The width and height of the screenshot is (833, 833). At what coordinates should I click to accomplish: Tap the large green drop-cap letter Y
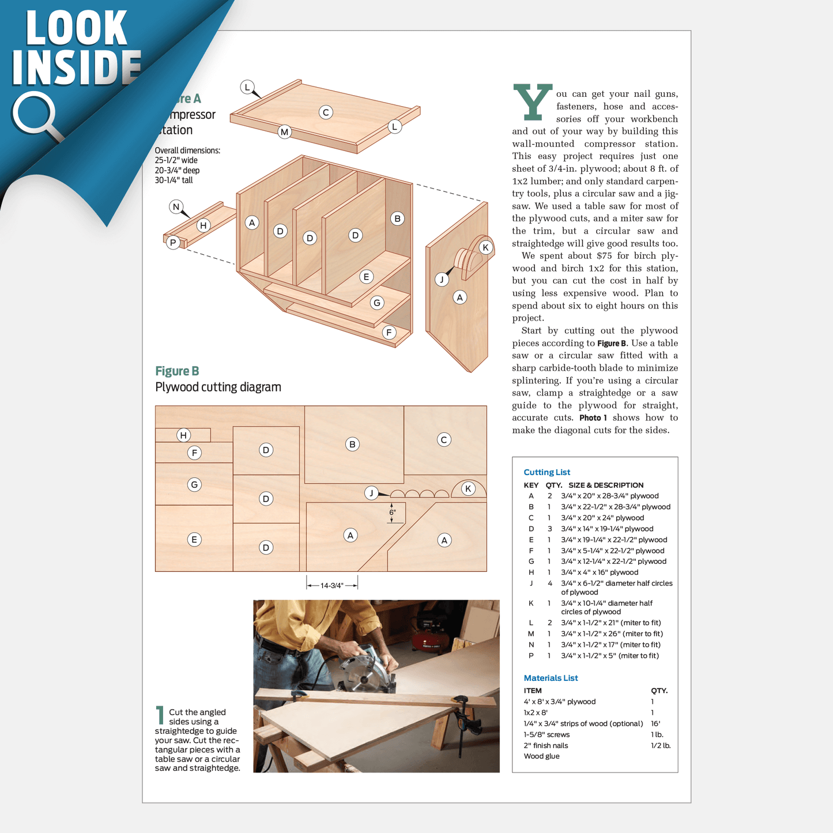pyautogui.click(x=532, y=102)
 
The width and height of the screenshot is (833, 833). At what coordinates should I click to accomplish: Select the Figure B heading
pyautogui.click(x=177, y=371)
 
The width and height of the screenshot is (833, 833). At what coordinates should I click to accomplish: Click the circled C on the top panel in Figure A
pyautogui.click(x=326, y=112)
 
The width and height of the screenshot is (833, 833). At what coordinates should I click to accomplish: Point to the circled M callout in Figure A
pyautogui.click(x=284, y=132)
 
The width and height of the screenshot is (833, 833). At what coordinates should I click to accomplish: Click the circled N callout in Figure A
pyautogui.click(x=176, y=207)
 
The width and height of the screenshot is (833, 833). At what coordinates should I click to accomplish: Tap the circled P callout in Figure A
pyautogui.click(x=173, y=243)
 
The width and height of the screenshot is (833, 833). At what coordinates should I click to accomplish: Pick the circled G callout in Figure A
pyautogui.click(x=377, y=303)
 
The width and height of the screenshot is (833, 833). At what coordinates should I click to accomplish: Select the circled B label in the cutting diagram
pyautogui.click(x=352, y=444)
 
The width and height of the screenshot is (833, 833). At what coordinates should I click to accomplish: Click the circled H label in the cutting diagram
pyautogui.click(x=183, y=435)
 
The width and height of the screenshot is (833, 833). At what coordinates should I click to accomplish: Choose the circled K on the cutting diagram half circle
pyautogui.click(x=468, y=489)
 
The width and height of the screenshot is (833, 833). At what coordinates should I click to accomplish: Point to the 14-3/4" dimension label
pyautogui.click(x=331, y=585)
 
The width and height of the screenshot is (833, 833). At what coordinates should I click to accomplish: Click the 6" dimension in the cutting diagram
pyautogui.click(x=393, y=512)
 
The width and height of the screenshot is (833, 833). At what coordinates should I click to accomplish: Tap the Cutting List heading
pyautogui.click(x=546, y=472)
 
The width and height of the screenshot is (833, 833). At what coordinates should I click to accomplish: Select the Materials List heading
pyautogui.click(x=551, y=678)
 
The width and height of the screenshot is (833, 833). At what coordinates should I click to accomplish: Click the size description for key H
pyautogui.click(x=600, y=572)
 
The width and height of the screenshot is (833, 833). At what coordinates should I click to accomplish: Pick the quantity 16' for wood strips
pyautogui.click(x=655, y=723)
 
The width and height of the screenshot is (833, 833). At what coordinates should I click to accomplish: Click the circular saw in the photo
pyautogui.click(x=364, y=674)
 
